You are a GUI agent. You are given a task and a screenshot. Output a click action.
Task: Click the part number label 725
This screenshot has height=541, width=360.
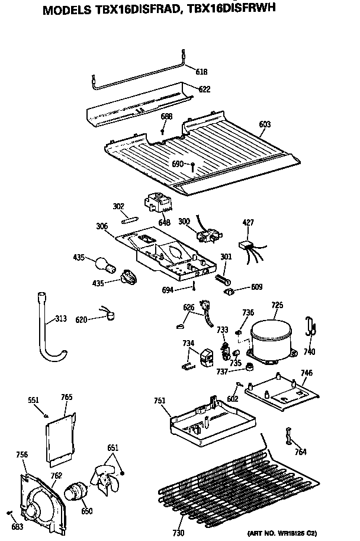tap(277, 306)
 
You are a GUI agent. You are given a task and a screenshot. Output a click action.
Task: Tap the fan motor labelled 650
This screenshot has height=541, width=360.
tap(75, 491)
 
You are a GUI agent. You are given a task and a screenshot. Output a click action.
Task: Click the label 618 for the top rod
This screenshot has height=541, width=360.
tap(201, 72)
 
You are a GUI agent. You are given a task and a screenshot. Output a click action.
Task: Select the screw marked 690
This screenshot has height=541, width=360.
tap(193, 165)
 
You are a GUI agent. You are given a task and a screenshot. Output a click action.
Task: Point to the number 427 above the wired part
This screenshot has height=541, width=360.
tap(249, 223)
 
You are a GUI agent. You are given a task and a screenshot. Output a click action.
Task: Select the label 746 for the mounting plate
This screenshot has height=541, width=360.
tap(306, 373)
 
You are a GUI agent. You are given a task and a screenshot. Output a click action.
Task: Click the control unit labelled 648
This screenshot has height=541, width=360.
tap(157, 205)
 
